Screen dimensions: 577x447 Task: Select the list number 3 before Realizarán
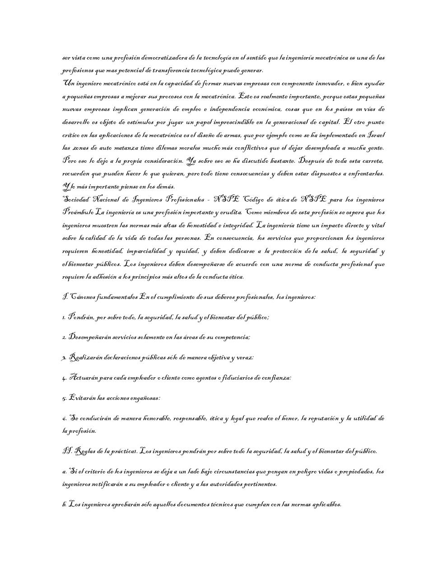[64, 358]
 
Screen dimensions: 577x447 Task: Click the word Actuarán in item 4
[84, 378]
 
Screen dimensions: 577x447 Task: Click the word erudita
[230, 212]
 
